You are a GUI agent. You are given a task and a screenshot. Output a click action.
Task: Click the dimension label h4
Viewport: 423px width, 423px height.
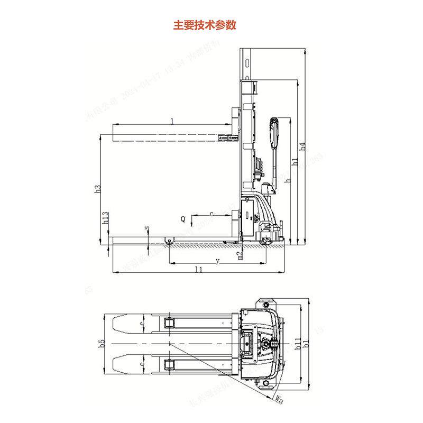pyautogui.click(x=303, y=146)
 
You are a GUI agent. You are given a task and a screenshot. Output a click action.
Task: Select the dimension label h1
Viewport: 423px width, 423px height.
pyautogui.click(x=296, y=163)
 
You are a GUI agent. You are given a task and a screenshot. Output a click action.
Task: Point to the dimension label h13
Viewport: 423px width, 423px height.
pyautogui.click(x=106, y=218)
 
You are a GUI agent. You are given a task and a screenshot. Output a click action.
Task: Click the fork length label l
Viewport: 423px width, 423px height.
pyautogui.click(x=172, y=121)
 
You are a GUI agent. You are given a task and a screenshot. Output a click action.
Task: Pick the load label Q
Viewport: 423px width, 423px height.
pyautogui.click(x=182, y=218)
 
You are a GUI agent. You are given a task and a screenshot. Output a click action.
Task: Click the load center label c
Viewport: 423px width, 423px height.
pyautogui.click(x=212, y=214)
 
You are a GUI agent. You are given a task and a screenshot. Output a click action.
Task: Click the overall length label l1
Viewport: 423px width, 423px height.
pyautogui.click(x=198, y=269)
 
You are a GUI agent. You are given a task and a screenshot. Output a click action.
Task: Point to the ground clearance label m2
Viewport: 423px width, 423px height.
pyautogui.click(x=240, y=255)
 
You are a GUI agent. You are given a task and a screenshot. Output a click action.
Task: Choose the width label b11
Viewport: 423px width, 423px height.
pyautogui.click(x=297, y=343)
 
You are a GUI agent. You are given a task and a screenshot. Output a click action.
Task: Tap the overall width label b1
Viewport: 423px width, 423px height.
pyautogui.click(x=306, y=345)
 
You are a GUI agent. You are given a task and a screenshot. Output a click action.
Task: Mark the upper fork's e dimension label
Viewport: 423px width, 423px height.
pyautogui.click(x=142, y=322)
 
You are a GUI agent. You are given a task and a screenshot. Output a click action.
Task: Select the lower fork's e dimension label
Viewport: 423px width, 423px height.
pyautogui.click(x=142, y=364)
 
